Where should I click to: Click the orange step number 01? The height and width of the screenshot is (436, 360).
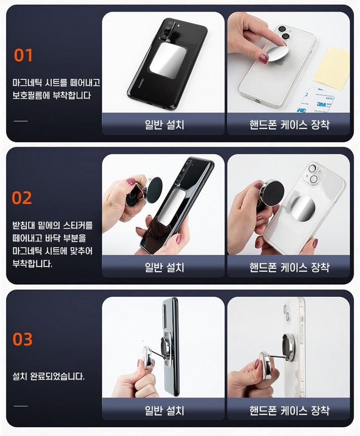[x=24, y=55]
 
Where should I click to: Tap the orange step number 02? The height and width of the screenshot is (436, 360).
[x=22, y=198]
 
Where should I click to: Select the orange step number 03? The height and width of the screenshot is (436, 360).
[x=23, y=339]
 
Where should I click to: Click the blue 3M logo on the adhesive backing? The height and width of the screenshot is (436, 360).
[x=321, y=104]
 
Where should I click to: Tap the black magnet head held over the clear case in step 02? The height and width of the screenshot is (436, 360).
[x=272, y=193]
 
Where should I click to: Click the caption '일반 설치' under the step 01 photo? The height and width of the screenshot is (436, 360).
[x=165, y=124]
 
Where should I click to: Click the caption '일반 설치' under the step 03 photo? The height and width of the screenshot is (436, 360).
[x=165, y=410]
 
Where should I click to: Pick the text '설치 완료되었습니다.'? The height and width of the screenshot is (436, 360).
[x=49, y=376]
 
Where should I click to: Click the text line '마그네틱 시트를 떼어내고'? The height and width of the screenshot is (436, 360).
[x=56, y=83]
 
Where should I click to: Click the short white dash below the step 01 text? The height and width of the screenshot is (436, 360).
[x=21, y=121]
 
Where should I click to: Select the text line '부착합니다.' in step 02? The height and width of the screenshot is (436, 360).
[x=32, y=264]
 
